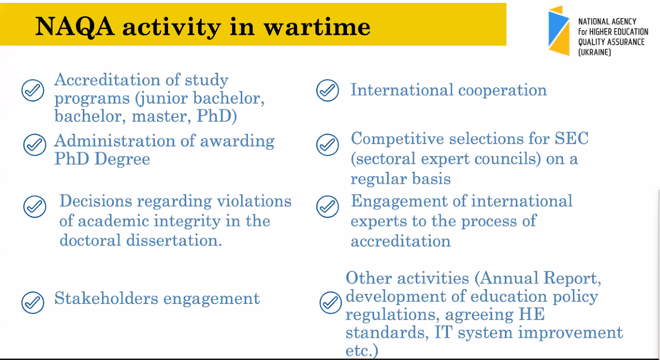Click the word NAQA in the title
(x=75, y=27)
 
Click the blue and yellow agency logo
(x=559, y=31)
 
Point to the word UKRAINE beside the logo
(x=594, y=53)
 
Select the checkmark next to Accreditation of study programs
(x=33, y=90)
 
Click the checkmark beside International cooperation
(x=327, y=90)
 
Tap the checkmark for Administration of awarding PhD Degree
(x=35, y=145)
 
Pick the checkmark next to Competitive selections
(x=327, y=145)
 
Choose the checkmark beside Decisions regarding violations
(x=35, y=206)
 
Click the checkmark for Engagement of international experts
(x=327, y=206)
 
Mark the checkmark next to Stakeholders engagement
(x=33, y=303)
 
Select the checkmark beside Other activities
(x=331, y=303)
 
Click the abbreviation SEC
(x=571, y=138)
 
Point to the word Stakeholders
(x=106, y=298)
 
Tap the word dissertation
(x=174, y=240)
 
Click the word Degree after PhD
(x=122, y=159)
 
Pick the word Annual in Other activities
(x=509, y=278)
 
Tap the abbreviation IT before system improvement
(x=444, y=332)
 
